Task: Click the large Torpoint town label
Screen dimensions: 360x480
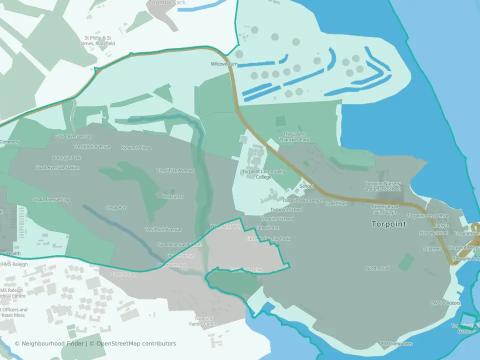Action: [x=388, y=224]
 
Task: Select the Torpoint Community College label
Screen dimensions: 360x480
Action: [x=263, y=174]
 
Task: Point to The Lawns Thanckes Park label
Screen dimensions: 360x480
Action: [x=297, y=136]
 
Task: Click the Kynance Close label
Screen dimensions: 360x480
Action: [x=136, y=148]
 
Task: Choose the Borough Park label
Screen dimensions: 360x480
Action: [x=66, y=158]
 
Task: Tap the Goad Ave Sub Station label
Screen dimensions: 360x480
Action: [x=57, y=167]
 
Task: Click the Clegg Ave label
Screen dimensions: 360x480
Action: [x=115, y=207]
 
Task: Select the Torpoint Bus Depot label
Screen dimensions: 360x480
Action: [x=302, y=200]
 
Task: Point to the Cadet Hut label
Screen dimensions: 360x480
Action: [x=335, y=203]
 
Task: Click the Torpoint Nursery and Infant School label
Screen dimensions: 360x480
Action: [x=382, y=186]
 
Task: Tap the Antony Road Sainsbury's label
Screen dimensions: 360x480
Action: [x=384, y=209]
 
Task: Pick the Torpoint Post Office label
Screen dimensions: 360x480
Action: [x=428, y=216]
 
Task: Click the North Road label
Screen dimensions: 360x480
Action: [x=377, y=268]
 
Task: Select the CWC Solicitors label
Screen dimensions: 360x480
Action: [x=445, y=303]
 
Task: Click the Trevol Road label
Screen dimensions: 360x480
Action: [x=123, y=274]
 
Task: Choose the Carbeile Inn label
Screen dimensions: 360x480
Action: [x=267, y=227]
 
